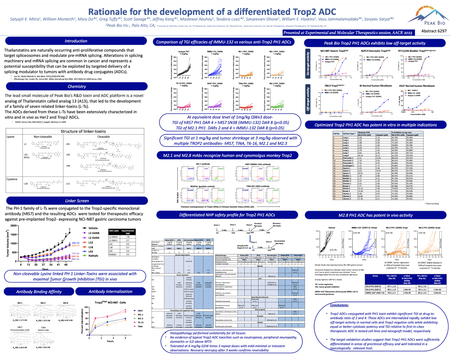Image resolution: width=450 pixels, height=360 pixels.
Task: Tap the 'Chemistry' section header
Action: tap(76, 86)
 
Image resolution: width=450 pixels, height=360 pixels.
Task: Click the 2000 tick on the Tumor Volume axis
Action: tap(13, 226)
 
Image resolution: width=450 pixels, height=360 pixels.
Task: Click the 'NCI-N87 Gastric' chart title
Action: tap(334, 52)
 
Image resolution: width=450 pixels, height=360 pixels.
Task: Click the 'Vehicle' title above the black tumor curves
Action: tap(331, 228)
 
